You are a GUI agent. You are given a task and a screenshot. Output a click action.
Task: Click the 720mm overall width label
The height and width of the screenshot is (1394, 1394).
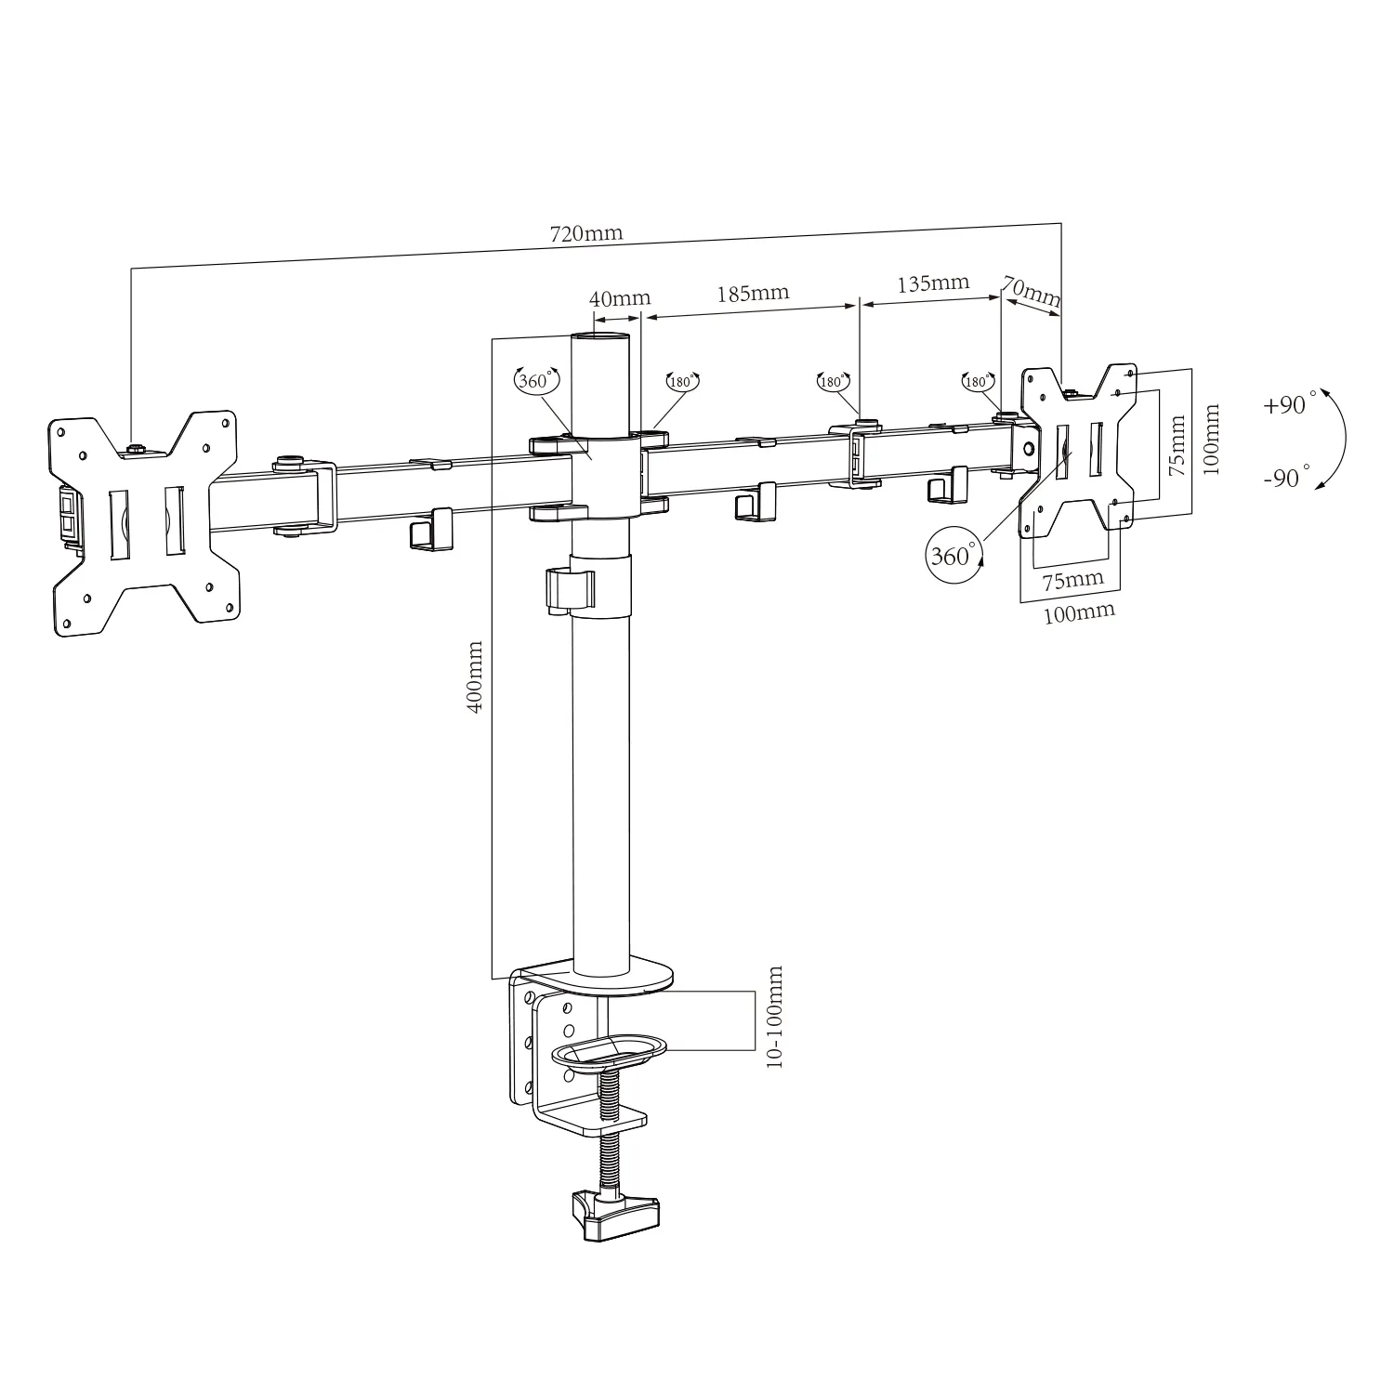[x=585, y=234]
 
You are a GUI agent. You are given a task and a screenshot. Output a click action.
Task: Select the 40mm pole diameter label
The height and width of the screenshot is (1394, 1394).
[x=620, y=298]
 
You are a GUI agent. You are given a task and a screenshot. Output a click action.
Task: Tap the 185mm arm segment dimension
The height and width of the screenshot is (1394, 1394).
[x=753, y=293]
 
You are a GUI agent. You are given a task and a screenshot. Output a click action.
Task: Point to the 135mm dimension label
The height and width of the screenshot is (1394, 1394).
[x=932, y=283]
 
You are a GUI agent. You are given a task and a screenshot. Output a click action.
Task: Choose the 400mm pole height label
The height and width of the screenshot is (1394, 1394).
[x=474, y=676]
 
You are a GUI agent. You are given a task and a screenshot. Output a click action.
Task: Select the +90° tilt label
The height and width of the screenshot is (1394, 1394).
[x=1291, y=405]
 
